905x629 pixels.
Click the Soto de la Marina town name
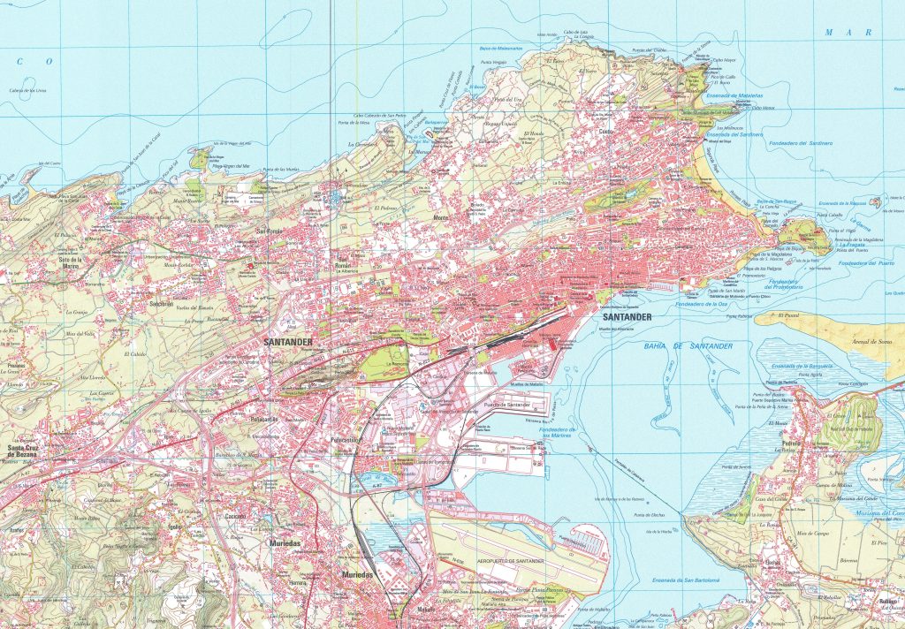tap(75, 262)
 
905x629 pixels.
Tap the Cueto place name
tap(606, 133)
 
